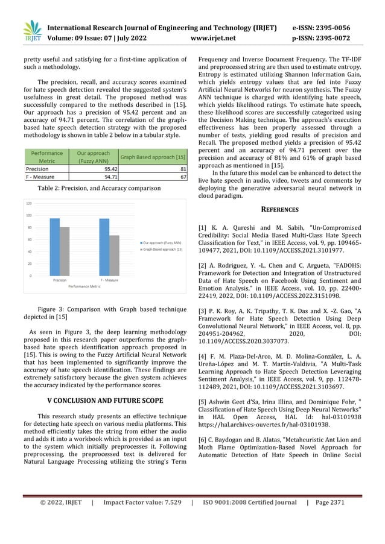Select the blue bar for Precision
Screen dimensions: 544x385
point(55,247)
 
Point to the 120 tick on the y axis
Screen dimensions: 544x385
point(28,204)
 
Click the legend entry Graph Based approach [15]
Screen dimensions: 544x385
point(162,248)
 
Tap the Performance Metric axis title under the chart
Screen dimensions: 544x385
point(84,285)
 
